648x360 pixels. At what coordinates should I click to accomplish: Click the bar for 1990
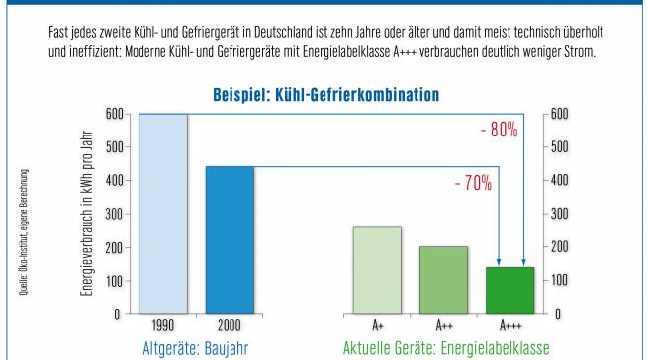(163, 213)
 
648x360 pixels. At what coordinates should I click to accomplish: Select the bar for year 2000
(230, 239)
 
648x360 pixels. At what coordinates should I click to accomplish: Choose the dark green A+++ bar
(509, 290)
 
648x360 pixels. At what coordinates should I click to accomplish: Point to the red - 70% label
(472, 183)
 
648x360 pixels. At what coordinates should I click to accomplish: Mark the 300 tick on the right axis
(559, 214)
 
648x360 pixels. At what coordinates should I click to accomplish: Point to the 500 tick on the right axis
(559, 147)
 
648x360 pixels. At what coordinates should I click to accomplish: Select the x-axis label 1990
(163, 325)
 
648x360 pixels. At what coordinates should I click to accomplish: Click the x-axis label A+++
(509, 325)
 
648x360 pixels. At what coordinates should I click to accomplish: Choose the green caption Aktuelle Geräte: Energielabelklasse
(443, 348)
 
